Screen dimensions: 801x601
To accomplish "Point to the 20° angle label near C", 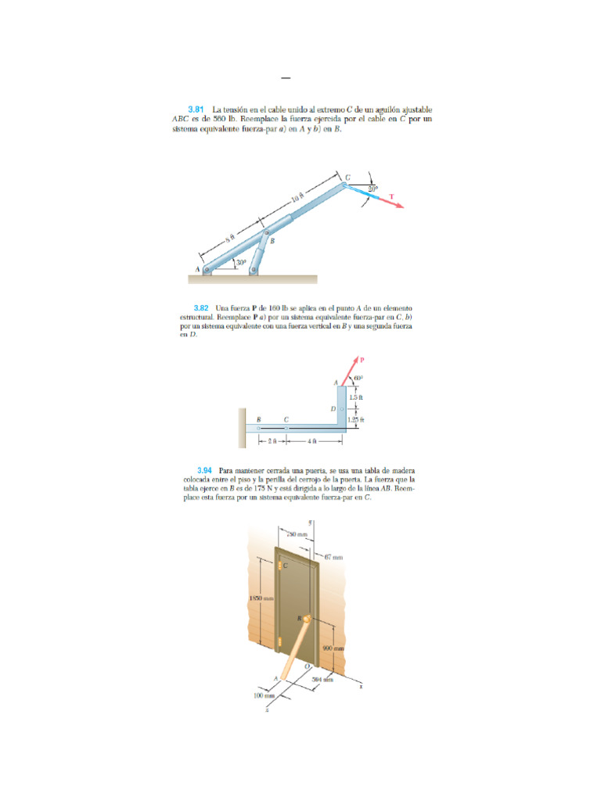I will pyautogui.click(x=372, y=189).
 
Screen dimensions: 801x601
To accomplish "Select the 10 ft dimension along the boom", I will pyautogui.click(x=297, y=199).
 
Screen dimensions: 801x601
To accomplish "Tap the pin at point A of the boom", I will pyautogui.click(x=207, y=270).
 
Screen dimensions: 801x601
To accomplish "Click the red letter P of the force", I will pyautogui.click(x=362, y=360).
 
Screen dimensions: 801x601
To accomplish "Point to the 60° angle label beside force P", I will pyautogui.click(x=358, y=379).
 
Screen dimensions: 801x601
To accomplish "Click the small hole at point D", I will pyautogui.click(x=342, y=409).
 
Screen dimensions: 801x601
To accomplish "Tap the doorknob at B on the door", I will pyautogui.click(x=306, y=620).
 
